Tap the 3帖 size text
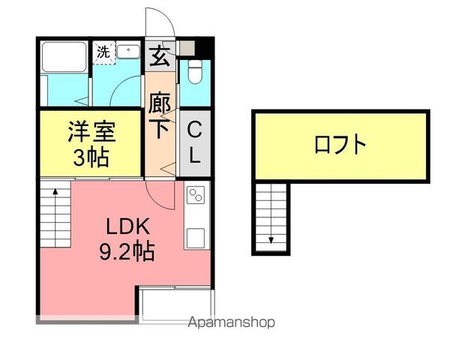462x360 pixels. pyautogui.click(x=91, y=157)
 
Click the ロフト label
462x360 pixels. pyautogui.click(x=340, y=144)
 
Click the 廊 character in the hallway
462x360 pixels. pyautogui.click(x=160, y=102)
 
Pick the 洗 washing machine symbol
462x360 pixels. pyautogui.click(x=103, y=52)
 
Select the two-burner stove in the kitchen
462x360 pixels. pyautogui.click(x=196, y=196)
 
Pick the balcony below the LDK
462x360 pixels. pyautogui.click(x=177, y=303)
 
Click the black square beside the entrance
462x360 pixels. pyautogui.click(x=207, y=46)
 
